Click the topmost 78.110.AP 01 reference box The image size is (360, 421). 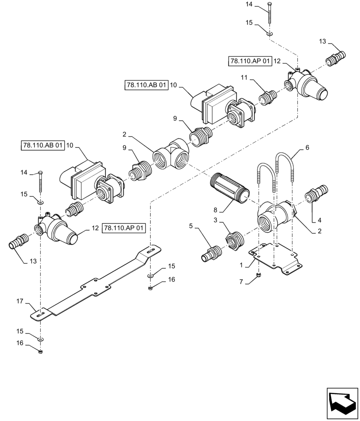(x=250, y=61)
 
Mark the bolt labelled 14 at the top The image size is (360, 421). (x=270, y=14)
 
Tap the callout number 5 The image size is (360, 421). (x=191, y=226)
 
